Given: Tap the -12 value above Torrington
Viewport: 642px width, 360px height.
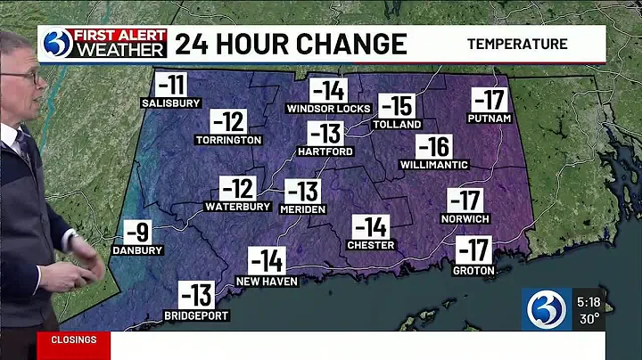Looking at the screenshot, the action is (228, 122).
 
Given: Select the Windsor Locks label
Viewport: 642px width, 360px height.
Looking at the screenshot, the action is (327, 109).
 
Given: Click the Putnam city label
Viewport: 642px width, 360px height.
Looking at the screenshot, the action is (489, 119).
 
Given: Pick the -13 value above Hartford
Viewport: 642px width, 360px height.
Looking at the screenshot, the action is (325, 135).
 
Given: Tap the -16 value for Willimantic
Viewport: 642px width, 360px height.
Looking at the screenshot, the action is (433, 147).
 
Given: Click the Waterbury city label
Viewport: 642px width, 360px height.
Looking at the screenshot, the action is (237, 207).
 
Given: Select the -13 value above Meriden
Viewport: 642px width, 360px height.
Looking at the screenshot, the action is (302, 191).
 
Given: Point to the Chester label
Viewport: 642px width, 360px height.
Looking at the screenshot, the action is (370, 244).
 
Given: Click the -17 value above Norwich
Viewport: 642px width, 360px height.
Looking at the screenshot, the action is (465, 201).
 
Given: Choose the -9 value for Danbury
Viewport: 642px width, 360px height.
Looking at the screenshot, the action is (137, 233).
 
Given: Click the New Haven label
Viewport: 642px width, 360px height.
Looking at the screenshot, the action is (267, 281).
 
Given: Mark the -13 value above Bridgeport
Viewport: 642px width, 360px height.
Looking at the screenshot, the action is (195, 295).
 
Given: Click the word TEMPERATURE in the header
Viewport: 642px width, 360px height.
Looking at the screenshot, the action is (517, 44).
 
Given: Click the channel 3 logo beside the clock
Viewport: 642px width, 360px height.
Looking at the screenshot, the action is (547, 310).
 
